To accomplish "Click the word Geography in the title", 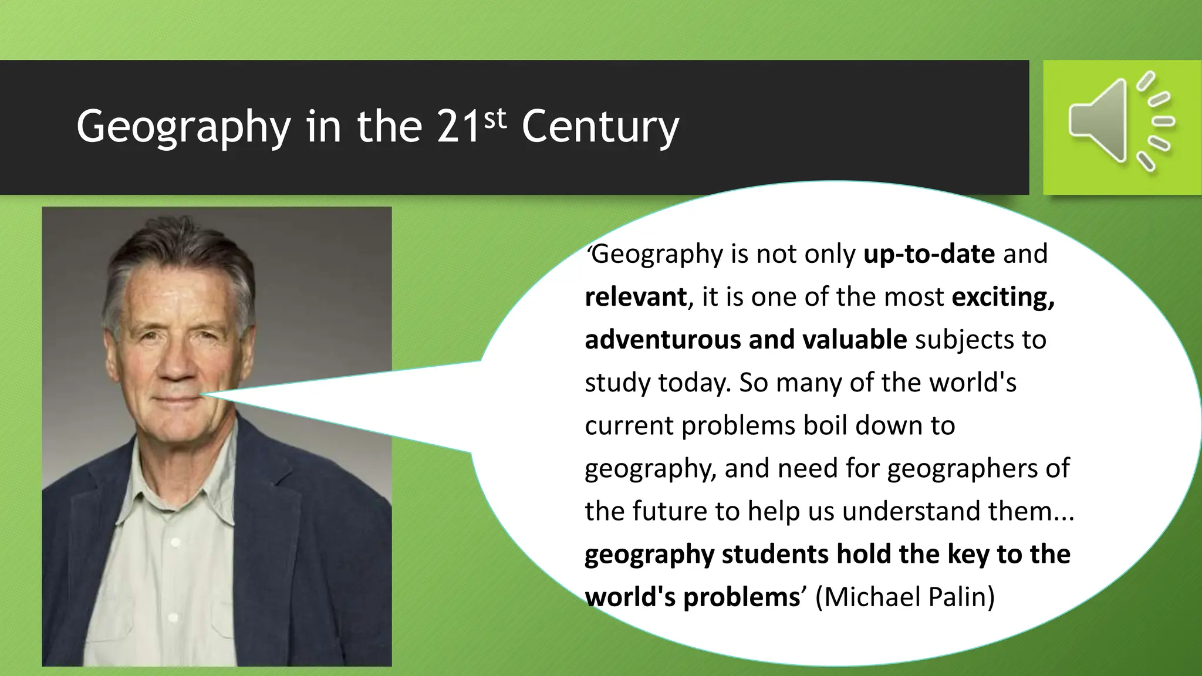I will (183, 127).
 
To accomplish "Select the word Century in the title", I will (600, 127).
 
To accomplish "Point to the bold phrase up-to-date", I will (929, 254).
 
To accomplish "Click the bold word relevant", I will (635, 297).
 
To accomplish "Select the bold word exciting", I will (1002, 298).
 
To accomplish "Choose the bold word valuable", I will (854, 340).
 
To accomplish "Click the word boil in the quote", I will (825, 425).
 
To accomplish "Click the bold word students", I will (775, 555).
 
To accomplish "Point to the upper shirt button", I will (174, 543).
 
